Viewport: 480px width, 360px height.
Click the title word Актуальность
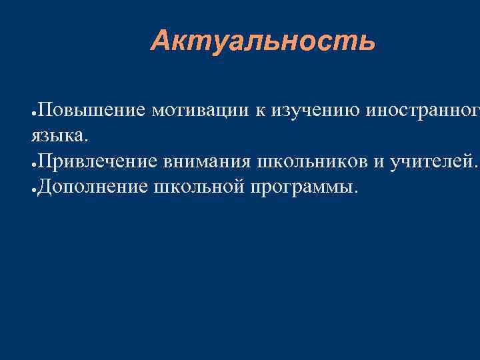[263, 41]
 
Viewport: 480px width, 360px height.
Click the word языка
[58, 136]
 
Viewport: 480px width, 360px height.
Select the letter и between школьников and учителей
[375, 162]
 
